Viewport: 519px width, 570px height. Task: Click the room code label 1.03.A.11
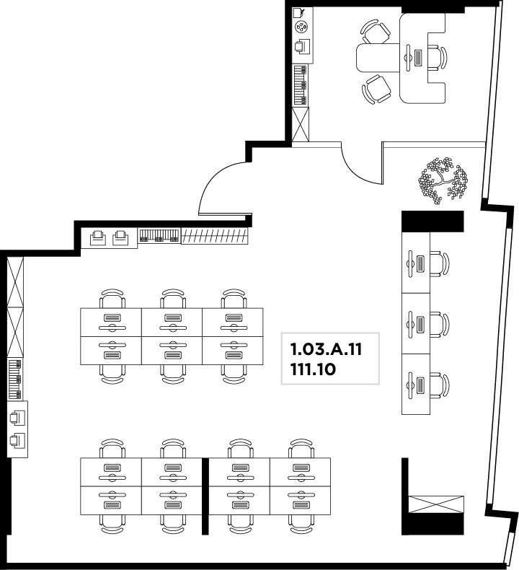pyautogui.click(x=326, y=349)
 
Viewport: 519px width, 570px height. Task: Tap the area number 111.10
pyautogui.click(x=313, y=369)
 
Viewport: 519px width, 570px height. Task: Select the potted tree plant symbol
pyautogui.click(x=443, y=180)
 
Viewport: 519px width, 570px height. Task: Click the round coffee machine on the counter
pyautogui.click(x=301, y=27)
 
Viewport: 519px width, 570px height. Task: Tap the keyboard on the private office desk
pyautogui.click(x=418, y=58)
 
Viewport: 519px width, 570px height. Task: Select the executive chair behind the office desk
pyautogui.click(x=438, y=58)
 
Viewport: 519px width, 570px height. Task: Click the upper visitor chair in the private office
pyautogui.click(x=376, y=32)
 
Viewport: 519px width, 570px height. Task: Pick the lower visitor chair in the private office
pyautogui.click(x=377, y=89)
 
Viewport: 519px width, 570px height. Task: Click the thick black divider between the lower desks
pyautogui.click(x=205, y=496)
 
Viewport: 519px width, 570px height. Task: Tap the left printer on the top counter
pyautogui.click(x=98, y=238)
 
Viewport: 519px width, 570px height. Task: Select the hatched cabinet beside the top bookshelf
pyautogui.click(x=215, y=236)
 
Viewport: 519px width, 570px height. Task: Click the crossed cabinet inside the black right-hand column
pyautogui.click(x=436, y=504)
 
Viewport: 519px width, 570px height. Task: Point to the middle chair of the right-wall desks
pyautogui.click(x=440, y=324)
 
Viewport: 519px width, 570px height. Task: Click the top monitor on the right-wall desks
pyautogui.click(x=410, y=263)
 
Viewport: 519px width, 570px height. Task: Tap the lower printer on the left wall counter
pyautogui.click(x=17, y=440)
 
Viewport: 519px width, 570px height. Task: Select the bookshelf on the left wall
pyautogui.click(x=15, y=380)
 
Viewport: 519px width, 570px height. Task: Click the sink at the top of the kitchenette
pyautogui.click(x=298, y=13)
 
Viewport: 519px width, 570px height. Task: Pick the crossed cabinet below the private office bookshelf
pyautogui.click(x=301, y=124)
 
